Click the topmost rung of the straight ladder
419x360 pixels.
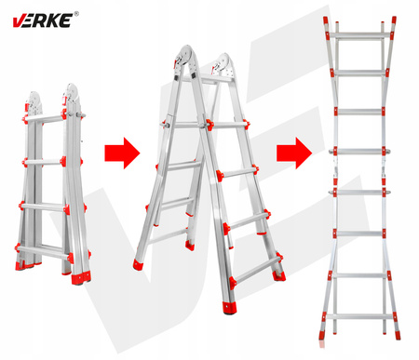pos(359,37)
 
